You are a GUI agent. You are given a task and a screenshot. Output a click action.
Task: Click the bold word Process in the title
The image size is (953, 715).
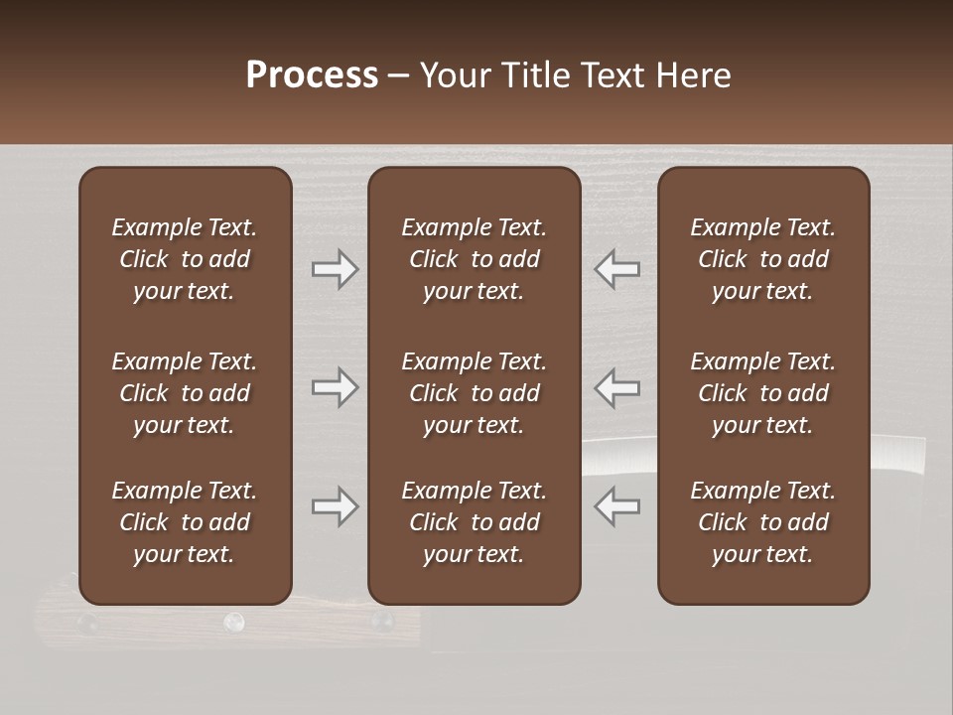[x=312, y=75]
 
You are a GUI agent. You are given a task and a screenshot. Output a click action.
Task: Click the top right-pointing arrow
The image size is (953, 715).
[x=336, y=269]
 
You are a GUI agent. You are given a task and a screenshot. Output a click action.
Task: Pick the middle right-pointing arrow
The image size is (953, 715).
[x=336, y=387]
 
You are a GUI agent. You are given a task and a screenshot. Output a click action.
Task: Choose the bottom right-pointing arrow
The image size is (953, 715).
[x=336, y=506]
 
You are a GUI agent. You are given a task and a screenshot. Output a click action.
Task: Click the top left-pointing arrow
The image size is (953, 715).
[x=617, y=269]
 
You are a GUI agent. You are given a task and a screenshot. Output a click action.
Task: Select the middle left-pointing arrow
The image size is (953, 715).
[x=617, y=387]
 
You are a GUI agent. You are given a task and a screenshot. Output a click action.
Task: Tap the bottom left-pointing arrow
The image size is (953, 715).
[x=617, y=506]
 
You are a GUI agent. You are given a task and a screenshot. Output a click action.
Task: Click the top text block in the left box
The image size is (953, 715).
[x=185, y=259]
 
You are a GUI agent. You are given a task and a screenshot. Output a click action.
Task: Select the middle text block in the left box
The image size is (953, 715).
[x=185, y=393]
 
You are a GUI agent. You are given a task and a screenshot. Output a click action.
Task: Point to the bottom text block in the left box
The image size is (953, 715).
[x=185, y=522]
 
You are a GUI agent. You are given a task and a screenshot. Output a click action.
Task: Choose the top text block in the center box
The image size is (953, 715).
[x=475, y=259]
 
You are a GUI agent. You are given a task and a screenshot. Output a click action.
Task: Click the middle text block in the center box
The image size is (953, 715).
[x=475, y=393]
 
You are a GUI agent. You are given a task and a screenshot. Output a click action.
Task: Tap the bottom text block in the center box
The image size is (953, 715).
[x=475, y=522]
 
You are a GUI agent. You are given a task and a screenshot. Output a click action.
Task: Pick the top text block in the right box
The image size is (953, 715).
[x=763, y=259]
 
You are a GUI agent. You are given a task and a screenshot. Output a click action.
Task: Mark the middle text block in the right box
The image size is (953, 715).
[x=763, y=393]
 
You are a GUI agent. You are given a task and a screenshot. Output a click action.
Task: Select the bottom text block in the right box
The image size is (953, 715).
[x=763, y=522]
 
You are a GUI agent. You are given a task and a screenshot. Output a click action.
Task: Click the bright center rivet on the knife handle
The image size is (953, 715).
[x=233, y=622]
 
